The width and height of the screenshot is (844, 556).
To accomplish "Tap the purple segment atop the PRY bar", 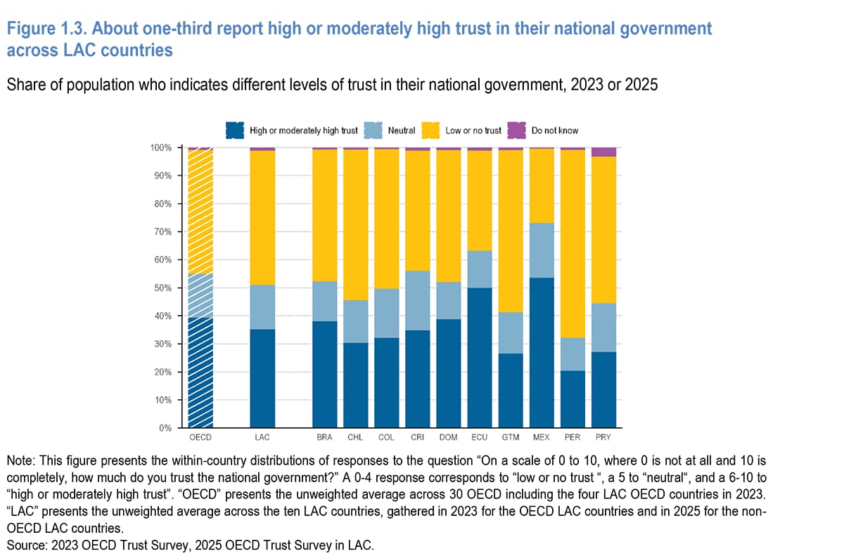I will tap(603, 152).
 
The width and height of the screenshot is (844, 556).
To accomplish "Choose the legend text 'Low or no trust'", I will tap(473, 131).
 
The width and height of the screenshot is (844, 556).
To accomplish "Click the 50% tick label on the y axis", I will tap(162, 288).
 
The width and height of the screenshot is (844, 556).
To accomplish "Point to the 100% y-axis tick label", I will tap(161, 148).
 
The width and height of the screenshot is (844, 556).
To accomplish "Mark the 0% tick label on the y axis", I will tap(165, 428).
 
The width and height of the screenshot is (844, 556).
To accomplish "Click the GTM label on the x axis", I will tap(511, 437).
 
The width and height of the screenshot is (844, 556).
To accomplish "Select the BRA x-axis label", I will tap(325, 437).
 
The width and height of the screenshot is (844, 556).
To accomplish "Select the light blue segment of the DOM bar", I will tap(449, 300).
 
